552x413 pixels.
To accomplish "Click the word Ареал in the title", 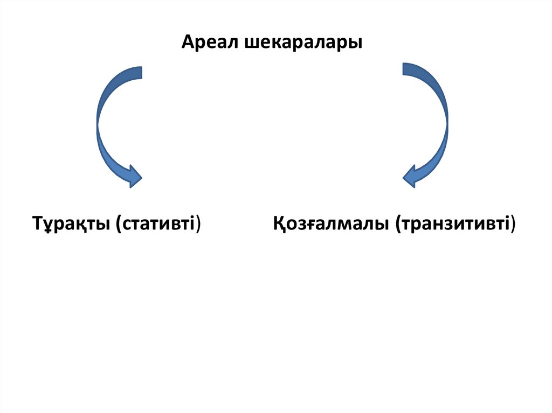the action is coord(211,42).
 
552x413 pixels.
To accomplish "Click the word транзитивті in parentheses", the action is coord(454,223).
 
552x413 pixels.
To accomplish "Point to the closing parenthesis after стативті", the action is coord(198,223).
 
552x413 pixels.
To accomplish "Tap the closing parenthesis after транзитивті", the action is coord(512,223).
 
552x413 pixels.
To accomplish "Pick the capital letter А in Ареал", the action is coord(187,42).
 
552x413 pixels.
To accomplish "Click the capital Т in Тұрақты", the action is coord(38,222).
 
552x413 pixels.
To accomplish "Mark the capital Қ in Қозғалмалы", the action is coord(279,223).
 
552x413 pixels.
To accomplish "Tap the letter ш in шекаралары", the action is coord(252,43).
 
